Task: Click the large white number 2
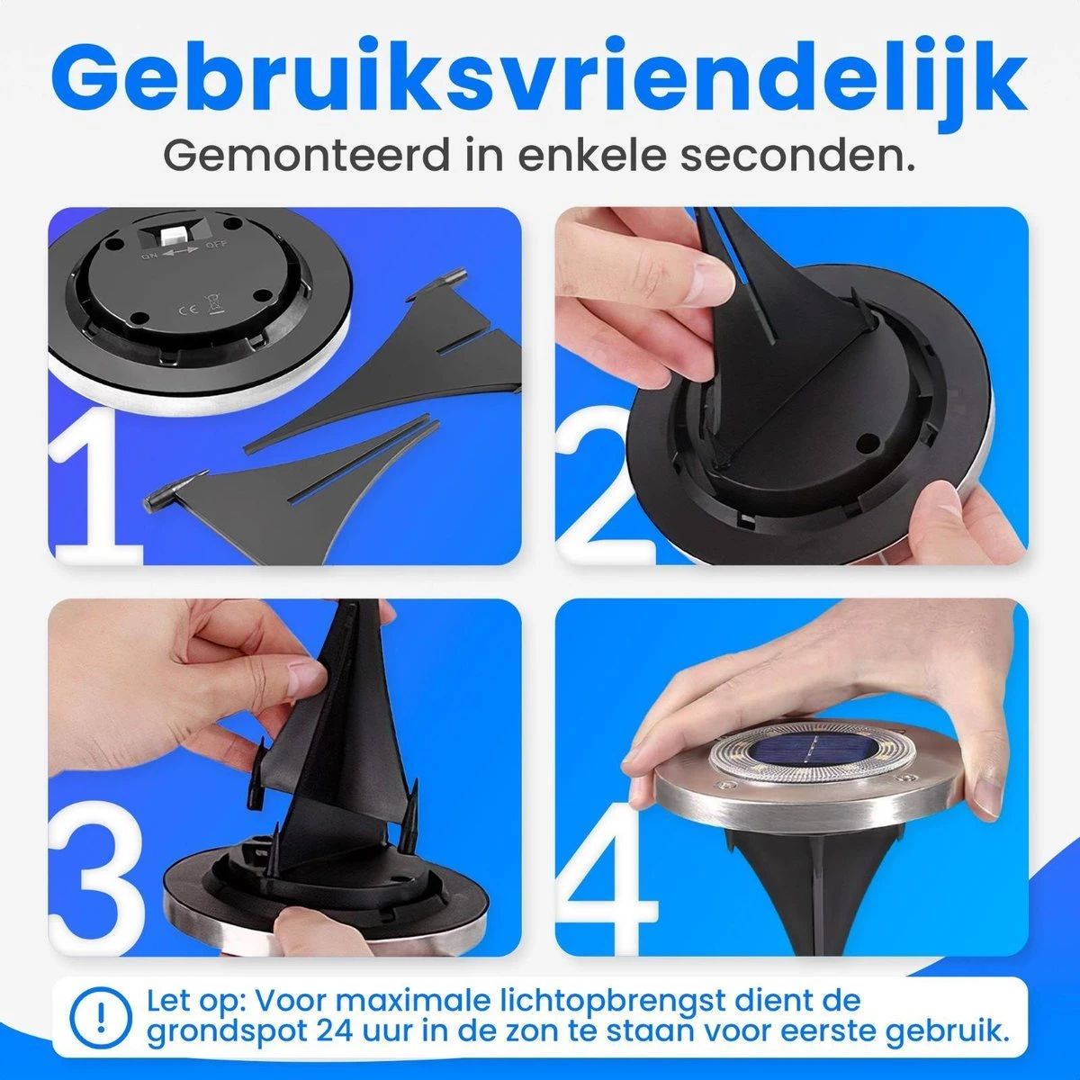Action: coord(606,488)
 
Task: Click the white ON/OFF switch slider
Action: coord(167,234)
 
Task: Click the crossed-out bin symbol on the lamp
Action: coord(214,304)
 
